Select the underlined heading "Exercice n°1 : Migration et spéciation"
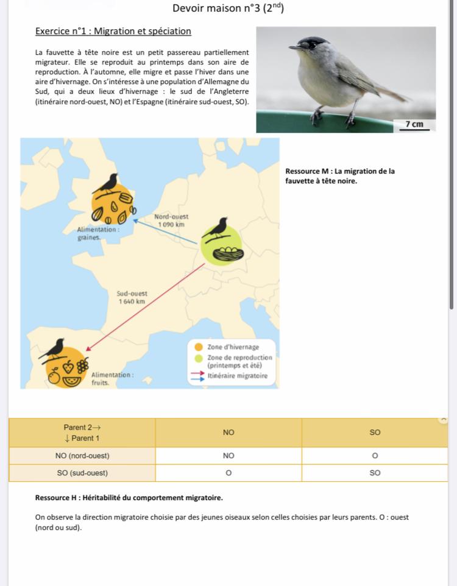tap(113, 31)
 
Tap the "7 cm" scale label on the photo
tap(417, 124)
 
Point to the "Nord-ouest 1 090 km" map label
tap(171, 221)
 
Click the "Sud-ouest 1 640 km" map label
tap(132, 297)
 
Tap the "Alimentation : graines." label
tap(98, 234)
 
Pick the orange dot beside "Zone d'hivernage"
tap(199, 347)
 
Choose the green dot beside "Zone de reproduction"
tap(199, 358)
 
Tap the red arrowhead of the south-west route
tap(88, 349)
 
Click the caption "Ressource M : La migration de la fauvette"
tap(339, 176)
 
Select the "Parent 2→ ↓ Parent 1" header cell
tap(82, 432)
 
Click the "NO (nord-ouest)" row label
tap(82, 456)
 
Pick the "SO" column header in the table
tap(375, 432)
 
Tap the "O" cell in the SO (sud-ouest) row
tap(228, 473)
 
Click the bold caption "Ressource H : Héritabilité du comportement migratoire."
tap(129, 498)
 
